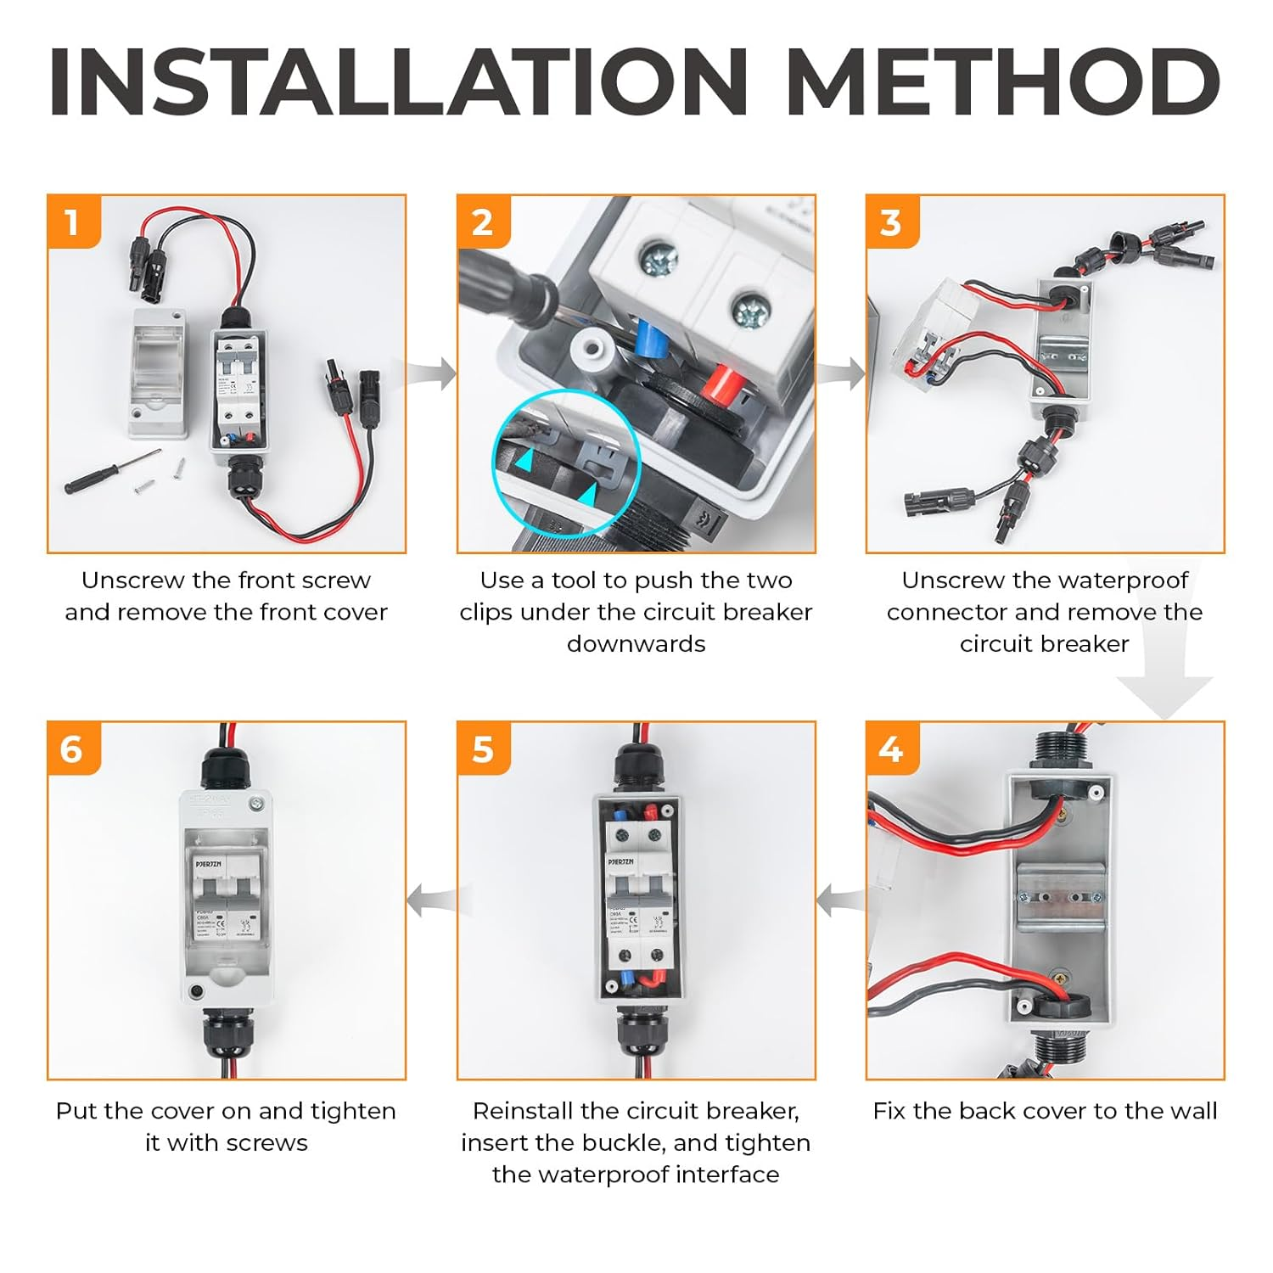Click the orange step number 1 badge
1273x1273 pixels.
tap(73, 222)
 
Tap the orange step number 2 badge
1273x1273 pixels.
tap(482, 222)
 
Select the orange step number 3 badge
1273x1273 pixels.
tap(891, 222)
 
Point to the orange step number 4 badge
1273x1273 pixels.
tap(891, 749)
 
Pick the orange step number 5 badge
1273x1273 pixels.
tap(482, 749)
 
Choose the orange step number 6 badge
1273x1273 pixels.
tap(73, 749)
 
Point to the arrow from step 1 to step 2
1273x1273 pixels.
tap(433, 373)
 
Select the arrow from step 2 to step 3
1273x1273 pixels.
tap(842, 373)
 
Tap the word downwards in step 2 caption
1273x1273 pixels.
tap(636, 644)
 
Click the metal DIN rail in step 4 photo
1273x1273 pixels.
tap(1060, 895)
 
